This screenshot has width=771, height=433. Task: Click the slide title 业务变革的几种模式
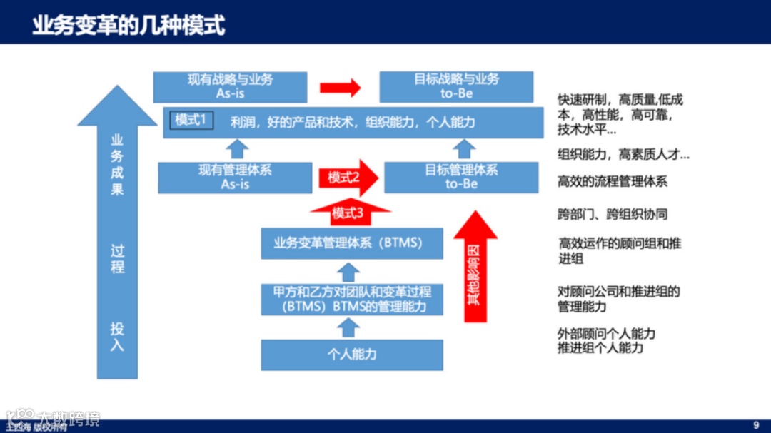tap(128, 26)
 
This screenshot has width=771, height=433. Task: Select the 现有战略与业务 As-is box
tap(230, 86)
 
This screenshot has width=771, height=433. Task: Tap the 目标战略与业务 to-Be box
tap(456, 86)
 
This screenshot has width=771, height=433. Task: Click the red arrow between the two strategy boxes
tap(340, 88)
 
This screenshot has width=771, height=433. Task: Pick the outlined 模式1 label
tap(190, 120)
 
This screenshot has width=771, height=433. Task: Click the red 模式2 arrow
tap(347, 178)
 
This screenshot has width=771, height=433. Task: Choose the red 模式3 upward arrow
tap(349, 212)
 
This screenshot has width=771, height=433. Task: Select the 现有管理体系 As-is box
tap(235, 177)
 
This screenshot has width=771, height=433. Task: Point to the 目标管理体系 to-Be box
tap(461, 177)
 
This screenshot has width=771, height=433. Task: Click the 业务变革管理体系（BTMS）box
tap(351, 243)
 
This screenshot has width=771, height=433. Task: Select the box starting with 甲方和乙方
tap(352, 299)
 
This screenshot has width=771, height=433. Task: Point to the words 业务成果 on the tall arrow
tap(117, 165)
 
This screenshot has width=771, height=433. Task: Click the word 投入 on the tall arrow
tap(117, 336)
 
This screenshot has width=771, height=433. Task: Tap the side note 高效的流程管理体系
tap(612, 182)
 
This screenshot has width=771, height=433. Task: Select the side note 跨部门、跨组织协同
tap(612, 214)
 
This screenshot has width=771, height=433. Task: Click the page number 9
tap(756, 424)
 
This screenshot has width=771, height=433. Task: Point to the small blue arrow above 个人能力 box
tap(348, 327)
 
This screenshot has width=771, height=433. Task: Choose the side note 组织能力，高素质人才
tap(623, 154)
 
